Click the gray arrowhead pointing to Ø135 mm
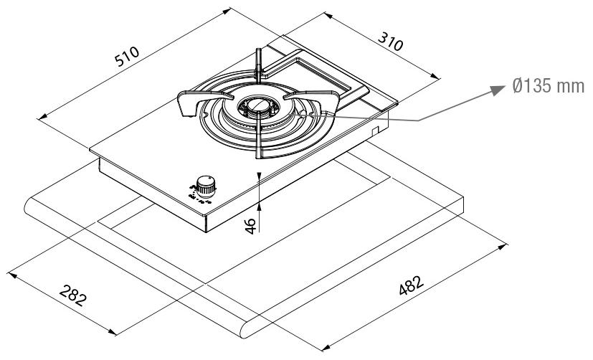point(498,90)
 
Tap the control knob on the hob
point(206,185)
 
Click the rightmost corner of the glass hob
point(397,103)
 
